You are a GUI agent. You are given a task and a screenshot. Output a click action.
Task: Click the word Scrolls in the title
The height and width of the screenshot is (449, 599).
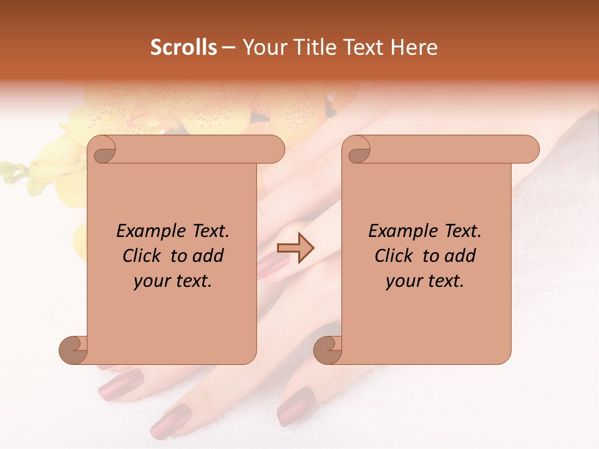click(183, 47)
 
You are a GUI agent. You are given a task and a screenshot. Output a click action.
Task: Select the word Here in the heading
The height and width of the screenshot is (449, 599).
click(414, 47)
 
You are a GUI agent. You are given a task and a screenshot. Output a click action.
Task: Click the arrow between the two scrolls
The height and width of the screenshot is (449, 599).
click(296, 248)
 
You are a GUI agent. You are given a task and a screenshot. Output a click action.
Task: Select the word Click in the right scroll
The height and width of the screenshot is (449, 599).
click(394, 256)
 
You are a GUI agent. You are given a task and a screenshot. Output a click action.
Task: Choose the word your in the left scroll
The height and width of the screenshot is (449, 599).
click(151, 282)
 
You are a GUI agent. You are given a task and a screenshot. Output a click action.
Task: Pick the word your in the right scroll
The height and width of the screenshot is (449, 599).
click(403, 282)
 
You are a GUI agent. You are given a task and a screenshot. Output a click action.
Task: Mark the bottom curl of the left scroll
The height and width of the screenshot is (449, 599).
click(74, 350)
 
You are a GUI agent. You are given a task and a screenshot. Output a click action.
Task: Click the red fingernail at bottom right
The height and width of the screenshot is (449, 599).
click(296, 405)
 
